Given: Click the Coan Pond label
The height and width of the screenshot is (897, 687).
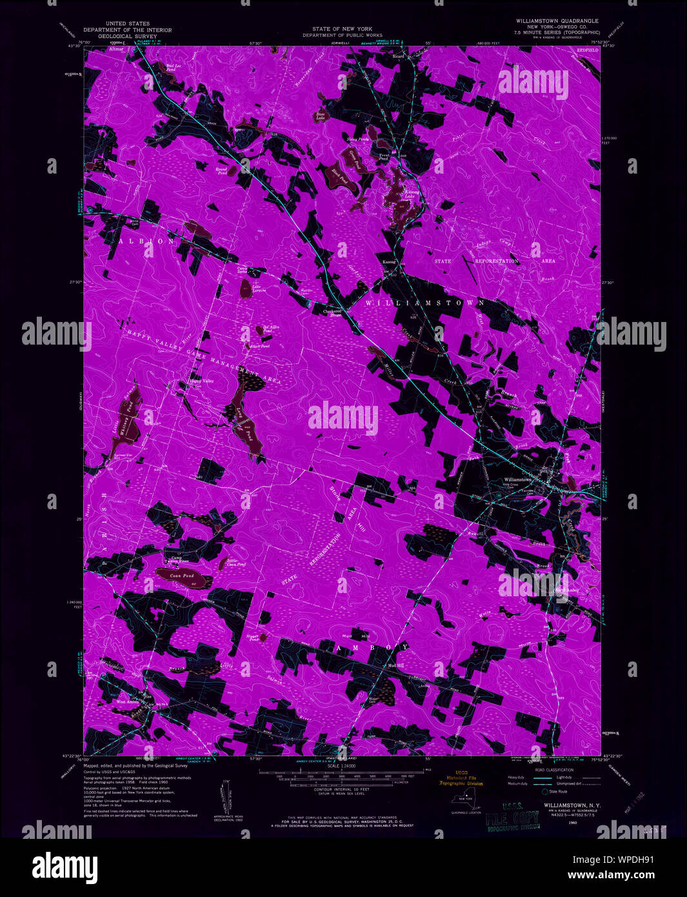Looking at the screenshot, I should pyautogui.click(x=183, y=575).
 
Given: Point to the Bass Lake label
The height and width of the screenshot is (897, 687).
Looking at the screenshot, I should pyautogui.click(x=320, y=117).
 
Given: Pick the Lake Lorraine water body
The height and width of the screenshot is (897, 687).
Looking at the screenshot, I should pyautogui.click(x=246, y=290).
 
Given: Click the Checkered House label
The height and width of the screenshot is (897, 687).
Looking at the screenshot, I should pyautogui.click(x=332, y=312).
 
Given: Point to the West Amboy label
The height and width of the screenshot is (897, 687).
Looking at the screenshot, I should pyautogui.click(x=128, y=701).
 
